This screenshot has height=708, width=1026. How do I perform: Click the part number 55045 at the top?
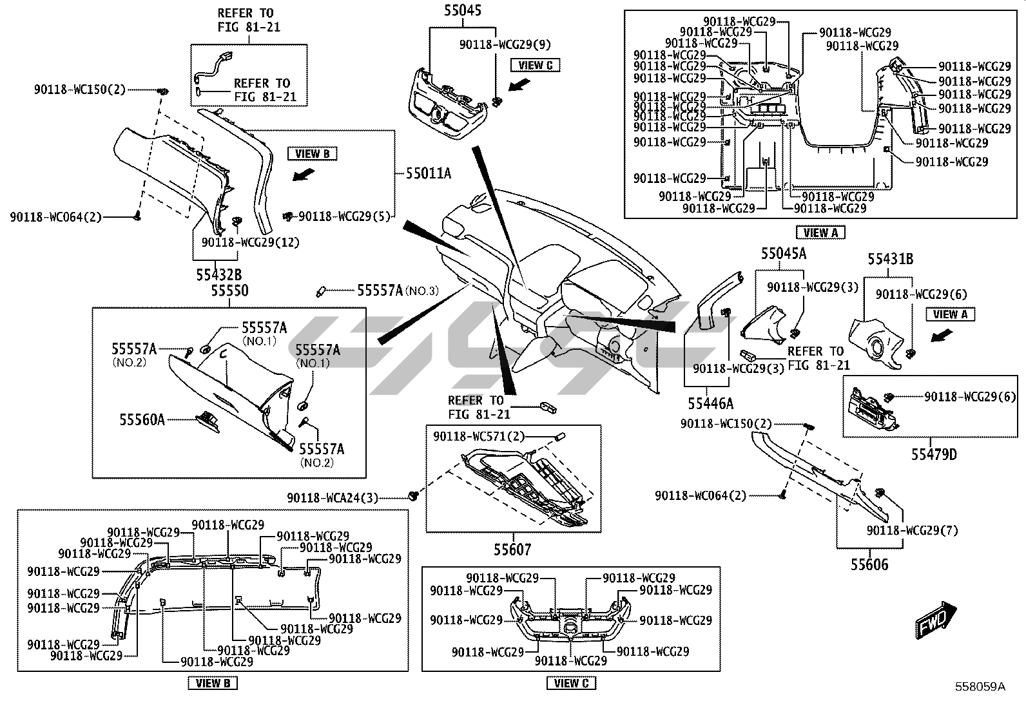pos(462,10)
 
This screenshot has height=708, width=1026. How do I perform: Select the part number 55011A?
pos(429,173)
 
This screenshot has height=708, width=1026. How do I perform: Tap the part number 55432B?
pos(219,274)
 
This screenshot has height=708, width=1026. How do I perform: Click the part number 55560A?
pos(142,420)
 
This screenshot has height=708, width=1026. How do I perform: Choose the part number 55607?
pos(513,550)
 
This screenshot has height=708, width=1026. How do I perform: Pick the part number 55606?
pos(869,564)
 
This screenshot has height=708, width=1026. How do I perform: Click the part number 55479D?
pos(934,454)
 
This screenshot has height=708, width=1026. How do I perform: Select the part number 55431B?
pos(890,259)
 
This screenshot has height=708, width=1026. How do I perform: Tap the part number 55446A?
pos(710,403)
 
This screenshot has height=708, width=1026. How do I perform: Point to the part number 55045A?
pos(784,254)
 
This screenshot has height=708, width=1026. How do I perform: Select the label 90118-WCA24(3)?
pos(333,497)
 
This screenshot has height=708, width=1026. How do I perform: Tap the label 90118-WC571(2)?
pos(479,436)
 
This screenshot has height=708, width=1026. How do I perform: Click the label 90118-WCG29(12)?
pos(251,242)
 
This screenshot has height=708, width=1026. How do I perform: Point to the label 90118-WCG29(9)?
pos(505,44)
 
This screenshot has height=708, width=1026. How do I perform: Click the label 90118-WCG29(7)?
pos(912,530)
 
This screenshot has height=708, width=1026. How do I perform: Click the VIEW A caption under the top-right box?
pos(820,233)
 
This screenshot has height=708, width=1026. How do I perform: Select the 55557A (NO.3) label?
pos(398,291)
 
